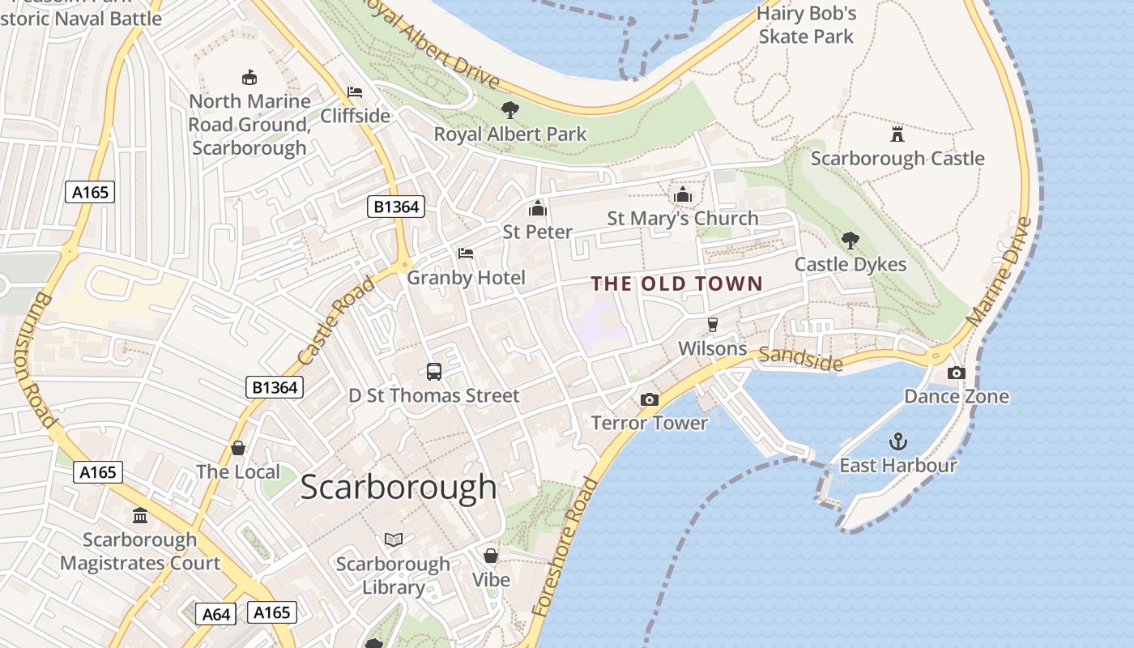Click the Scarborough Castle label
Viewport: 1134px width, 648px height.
click(x=897, y=158)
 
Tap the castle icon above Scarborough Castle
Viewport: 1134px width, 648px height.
click(x=897, y=134)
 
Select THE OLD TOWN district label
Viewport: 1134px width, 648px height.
click(x=677, y=283)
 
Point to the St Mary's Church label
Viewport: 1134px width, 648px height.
click(x=683, y=218)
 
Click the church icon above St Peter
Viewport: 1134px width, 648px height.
click(x=538, y=208)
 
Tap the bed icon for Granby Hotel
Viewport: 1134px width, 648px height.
click(x=466, y=254)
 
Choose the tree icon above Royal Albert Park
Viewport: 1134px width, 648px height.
click(x=509, y=109)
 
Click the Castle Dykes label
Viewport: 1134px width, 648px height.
click(x=850, y=264)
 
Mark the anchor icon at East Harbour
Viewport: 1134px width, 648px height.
click(x=897, y=441)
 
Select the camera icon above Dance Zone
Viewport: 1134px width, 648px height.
click(x=957, y=373)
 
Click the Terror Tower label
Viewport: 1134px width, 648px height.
click(x=650, y=422)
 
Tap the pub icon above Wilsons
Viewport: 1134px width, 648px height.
click(x=713, y=325)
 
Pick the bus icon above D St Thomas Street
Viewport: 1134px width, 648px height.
click(x=434, y=372)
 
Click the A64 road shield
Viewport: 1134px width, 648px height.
click(x=216, y=614)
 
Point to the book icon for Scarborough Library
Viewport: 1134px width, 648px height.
click(x=393, y=539)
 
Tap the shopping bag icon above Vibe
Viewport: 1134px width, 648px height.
click(x=491, y=556)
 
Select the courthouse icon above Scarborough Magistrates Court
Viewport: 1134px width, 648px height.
click(x=140, y=515)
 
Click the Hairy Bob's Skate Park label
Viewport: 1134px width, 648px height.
click(x=807, y=25)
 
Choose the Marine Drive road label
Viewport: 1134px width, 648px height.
click(x=1000, y=271)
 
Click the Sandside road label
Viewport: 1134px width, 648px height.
click(x=801, y=360)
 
